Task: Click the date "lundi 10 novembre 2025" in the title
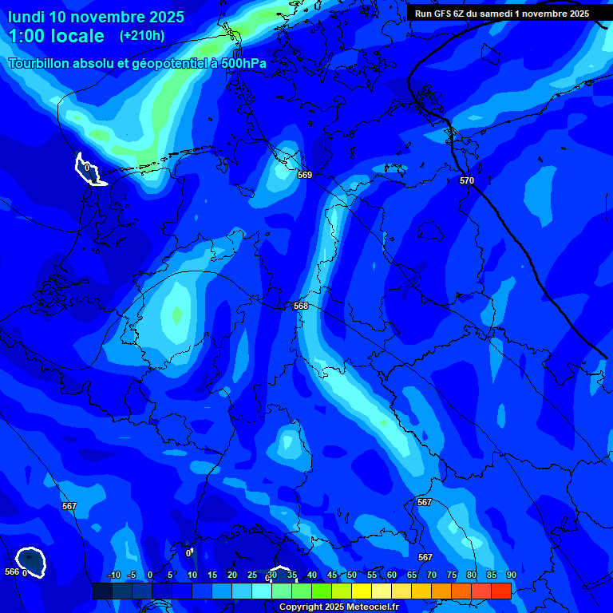(96, 17)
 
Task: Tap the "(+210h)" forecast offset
(142, 36)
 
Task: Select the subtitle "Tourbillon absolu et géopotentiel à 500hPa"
(137, 63)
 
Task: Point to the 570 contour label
(467, 180)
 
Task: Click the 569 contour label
(304, 175)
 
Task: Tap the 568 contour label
(301, 306)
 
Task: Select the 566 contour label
(11, 571)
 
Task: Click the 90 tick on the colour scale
(511, 575)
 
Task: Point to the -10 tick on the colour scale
(113, 575)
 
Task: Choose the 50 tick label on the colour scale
(351, 575)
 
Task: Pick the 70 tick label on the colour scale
(431, 575)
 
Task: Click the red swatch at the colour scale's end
(500, 591)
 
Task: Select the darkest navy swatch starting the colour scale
(101, 591)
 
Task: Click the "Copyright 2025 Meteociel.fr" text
(338, 607)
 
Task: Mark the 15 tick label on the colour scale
(212, 575)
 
